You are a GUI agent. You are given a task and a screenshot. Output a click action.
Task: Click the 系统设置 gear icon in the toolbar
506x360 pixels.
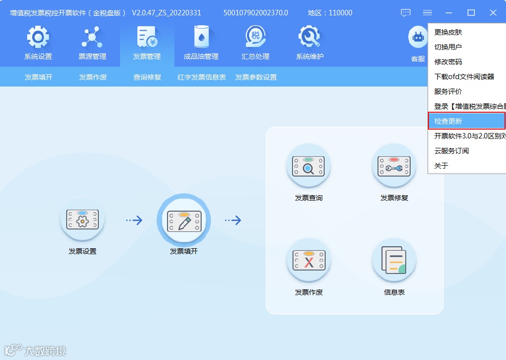[38, 38]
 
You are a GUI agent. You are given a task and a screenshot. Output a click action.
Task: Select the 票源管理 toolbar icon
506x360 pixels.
[92, 38]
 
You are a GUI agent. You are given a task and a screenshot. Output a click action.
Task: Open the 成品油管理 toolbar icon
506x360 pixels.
[201, 38]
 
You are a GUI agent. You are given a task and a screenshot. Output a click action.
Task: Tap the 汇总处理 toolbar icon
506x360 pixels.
[255, 38]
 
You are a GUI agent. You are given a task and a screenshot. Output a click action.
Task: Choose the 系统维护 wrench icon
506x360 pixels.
[310, 38]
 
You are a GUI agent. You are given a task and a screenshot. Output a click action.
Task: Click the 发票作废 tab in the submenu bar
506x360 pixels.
[93, 77]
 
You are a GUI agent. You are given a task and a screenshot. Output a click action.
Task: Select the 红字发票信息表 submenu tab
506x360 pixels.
[202, 77]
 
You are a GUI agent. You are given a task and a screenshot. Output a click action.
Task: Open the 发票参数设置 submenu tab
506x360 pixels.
[256, 77]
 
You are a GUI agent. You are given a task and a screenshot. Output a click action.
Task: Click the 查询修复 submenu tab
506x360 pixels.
[147, 77]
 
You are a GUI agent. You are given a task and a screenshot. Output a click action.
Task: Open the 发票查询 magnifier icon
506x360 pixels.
[309, 167]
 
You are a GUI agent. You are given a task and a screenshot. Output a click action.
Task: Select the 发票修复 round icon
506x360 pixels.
[394, 167]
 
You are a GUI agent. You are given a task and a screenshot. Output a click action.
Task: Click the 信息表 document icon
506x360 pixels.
[394, 261]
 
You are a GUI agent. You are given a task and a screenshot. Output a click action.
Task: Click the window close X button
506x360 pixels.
[493, 13]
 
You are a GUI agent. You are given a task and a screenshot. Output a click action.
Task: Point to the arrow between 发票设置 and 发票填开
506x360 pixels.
[134, 221]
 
